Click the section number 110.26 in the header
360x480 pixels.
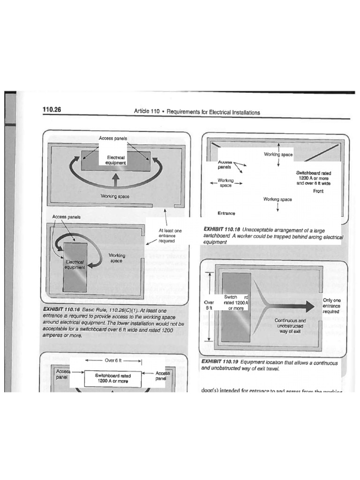tap(52, 110)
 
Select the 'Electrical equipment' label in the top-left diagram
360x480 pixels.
tap(115, 160)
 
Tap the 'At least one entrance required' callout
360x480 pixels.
tap(166, 236)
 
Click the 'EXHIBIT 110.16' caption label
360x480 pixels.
tap(61, 310)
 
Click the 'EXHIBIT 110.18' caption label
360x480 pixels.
tap(222, 229)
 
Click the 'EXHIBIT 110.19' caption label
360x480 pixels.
tap(220, 362)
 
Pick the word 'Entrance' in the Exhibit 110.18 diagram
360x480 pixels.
tap(226, 213)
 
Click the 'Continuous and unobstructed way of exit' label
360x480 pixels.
tap(291, 326)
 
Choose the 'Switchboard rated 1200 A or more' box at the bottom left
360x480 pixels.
tap(112, 379)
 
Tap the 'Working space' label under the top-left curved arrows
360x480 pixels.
tap(115, 196)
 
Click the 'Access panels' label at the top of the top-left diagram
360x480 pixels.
tap(113, 138)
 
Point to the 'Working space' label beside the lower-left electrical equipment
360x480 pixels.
tap(117, 258)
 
